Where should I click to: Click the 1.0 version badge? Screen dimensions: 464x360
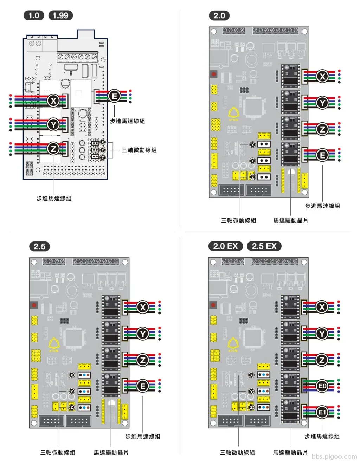[34, 15]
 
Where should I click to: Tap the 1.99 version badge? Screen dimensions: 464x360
[60, 15]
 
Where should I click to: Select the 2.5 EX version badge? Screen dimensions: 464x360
[264, 246]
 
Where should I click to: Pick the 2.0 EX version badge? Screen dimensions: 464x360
[225, 246]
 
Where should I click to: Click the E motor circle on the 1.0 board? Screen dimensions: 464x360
[114, 96]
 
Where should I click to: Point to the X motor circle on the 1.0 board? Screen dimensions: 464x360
[53, 101]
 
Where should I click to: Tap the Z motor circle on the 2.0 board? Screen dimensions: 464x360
[322, 129]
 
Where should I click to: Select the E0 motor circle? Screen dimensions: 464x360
[322, 386]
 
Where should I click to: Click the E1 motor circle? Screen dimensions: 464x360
[322, 412]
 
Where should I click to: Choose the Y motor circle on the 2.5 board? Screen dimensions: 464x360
[142, 333]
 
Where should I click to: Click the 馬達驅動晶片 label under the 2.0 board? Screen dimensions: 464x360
[290, 220]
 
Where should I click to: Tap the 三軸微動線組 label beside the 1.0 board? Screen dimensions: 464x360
[139, 150]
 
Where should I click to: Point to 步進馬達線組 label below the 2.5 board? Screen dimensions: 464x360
[142, 437]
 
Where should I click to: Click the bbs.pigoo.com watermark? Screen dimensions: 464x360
[334, 456]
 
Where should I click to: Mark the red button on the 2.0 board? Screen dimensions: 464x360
[213, 74]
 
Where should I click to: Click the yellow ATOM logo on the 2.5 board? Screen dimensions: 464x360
[54, 344]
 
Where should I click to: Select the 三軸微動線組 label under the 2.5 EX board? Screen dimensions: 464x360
[237, 452]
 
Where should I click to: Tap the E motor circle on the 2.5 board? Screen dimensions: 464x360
[142, 386]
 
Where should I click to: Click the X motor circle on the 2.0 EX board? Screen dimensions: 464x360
[322, 307]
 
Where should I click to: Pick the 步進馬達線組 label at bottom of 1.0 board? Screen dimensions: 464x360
[54, 199]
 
